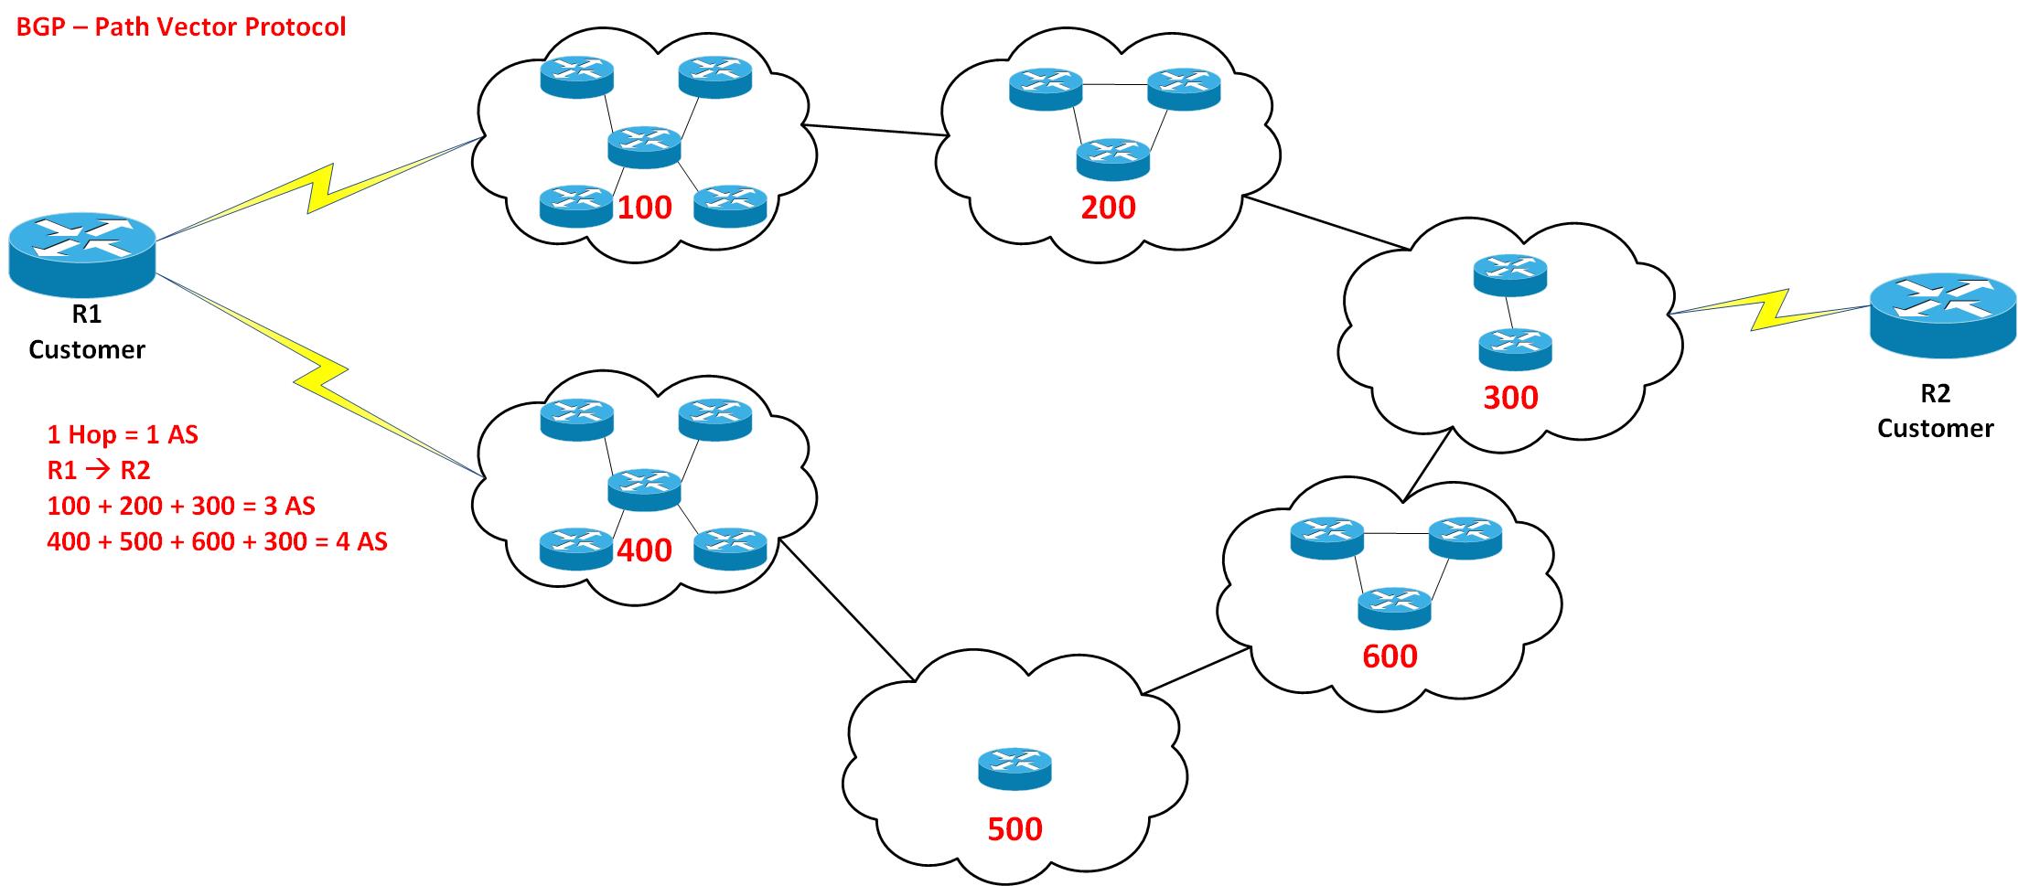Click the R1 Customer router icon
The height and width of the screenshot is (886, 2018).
click(x=82, y=252)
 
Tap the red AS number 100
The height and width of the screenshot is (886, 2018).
click(x=645, y=208)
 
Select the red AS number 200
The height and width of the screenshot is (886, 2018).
click(x=1108, y=208)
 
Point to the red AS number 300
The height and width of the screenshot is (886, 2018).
click(x=1510, y=397)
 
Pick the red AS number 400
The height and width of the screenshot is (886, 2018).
click(x=645, y=550)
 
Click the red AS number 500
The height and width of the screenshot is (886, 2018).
click(x=1014, y=828)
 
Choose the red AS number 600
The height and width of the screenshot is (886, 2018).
click(x=1390, y=656)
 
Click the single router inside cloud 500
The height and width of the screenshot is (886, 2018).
click(x=1014, y=769)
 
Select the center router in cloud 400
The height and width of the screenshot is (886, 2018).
click(x=645, y=490)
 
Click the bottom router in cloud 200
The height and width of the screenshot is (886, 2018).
click(x=1113, y=159)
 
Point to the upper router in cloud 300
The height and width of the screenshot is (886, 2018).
click(x=1510, y=275)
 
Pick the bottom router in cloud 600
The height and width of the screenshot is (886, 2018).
click(x=1394, y=608)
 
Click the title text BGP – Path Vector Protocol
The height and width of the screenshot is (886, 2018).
click(x=181, y=27)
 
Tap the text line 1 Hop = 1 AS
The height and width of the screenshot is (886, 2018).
click(x=123, y=433)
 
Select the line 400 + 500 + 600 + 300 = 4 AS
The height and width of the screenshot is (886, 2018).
click(x=217, y=541)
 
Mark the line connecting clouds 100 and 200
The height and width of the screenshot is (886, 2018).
click(x=874, y=130)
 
